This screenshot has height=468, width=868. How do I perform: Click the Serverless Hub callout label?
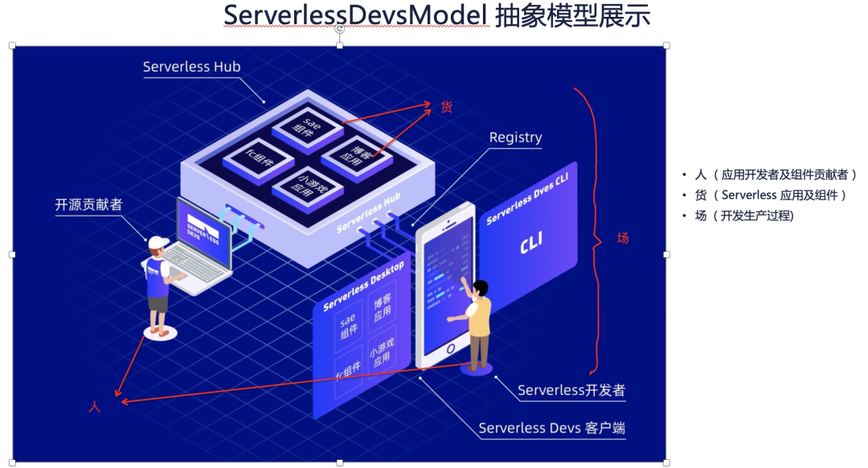point(191,67)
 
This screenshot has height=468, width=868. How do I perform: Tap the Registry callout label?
point(515,138)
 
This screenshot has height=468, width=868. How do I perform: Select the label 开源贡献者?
point(88,205)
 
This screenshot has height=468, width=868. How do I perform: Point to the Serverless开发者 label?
point(571,390)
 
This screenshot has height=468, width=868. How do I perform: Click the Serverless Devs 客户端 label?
point(552,428)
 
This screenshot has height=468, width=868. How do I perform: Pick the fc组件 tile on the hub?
point(259,160)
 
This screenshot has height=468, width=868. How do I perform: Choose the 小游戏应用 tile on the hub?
point(308,187)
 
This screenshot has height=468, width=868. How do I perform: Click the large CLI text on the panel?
point(531,241)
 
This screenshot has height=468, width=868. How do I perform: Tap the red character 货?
point(446,107)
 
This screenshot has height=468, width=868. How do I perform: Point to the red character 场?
point(623,238)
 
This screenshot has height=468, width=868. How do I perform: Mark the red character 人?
point(95,407)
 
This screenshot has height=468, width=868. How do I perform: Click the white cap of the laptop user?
point(158,242)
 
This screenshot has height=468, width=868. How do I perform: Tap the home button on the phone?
point(451,348)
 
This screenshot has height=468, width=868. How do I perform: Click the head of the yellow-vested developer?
point(481,289)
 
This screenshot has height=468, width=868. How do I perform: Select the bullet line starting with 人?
point(769,175)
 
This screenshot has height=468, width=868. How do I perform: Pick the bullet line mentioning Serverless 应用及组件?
point(764,195)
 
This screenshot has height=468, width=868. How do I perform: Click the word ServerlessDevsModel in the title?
point(355,15)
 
